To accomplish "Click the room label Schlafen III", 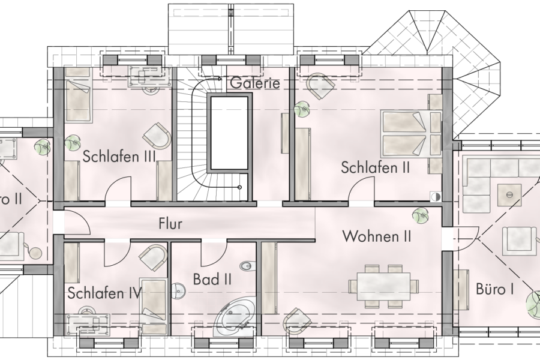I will point(119,157).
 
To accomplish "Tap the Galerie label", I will point(254,83).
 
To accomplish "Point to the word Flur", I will point(170,224).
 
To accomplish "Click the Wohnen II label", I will point(377,236).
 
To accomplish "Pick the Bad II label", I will point(212,279).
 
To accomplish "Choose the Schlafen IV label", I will point(104,293).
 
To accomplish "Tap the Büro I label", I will point(494,289).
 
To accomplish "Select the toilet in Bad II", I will point(247,266).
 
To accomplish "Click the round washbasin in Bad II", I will point(178,291).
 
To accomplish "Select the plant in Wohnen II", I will point(420,214).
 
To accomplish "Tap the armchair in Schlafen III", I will point(158,136).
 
